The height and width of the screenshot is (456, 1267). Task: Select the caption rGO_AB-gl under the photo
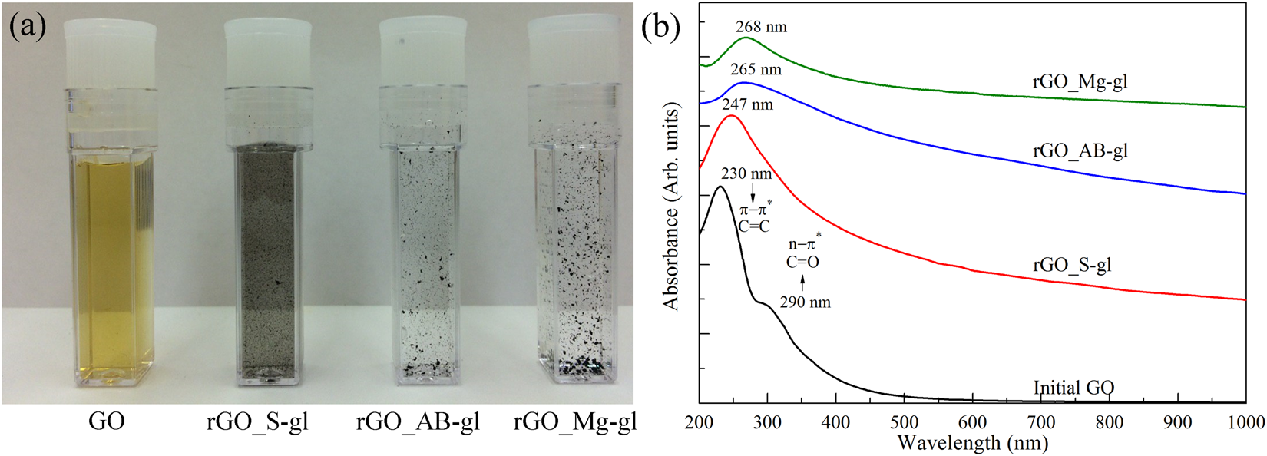coord(418,421)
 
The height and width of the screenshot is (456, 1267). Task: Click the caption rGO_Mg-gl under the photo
coord(575,421)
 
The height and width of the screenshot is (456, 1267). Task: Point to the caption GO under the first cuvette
coord(107,421)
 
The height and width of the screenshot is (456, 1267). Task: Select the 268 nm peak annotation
coord(761,27)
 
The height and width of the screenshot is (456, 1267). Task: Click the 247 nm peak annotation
coord(747,104)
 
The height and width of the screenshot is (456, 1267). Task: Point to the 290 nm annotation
coord(805,302)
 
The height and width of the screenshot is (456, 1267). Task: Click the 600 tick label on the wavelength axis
coord(972,421)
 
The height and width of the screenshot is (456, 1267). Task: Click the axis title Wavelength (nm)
coord(972,443)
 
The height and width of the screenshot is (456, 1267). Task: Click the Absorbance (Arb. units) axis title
coord(672,208)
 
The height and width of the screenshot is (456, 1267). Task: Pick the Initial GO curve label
coord(1073,388)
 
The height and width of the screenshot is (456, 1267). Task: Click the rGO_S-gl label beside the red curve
coord(1072,266)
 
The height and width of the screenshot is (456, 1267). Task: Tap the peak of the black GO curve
coord(720,187)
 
